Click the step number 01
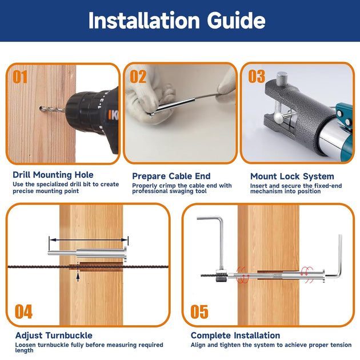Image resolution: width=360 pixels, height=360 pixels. tap(20, 77)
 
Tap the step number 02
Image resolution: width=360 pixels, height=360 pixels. tap(138, 77)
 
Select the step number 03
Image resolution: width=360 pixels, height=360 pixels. tap(257, 77)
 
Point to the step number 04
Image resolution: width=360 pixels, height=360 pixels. tap(23, 311)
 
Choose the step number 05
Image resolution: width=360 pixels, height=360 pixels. tap(199, 311)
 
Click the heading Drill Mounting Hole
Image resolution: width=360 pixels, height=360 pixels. tap(53, 175)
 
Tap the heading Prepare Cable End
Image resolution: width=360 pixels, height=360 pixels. tap(171, 176)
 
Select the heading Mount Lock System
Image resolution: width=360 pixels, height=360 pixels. tap(292, 177)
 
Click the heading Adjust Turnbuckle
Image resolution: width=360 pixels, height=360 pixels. tap(54, 335)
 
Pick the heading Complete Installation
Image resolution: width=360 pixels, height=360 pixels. tap(235, 335)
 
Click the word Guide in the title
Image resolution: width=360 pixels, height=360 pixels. tap(236, 21)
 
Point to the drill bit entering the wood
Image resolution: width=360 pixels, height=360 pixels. tap(52, 109)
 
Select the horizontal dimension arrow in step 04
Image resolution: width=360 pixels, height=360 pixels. tap(89, 240)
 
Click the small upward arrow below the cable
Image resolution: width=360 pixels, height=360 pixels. tap(78, 277)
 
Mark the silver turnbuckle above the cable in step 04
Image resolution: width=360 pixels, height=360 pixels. tap(87, 254)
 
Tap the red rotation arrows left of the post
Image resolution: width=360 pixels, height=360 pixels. tap(243, 275)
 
